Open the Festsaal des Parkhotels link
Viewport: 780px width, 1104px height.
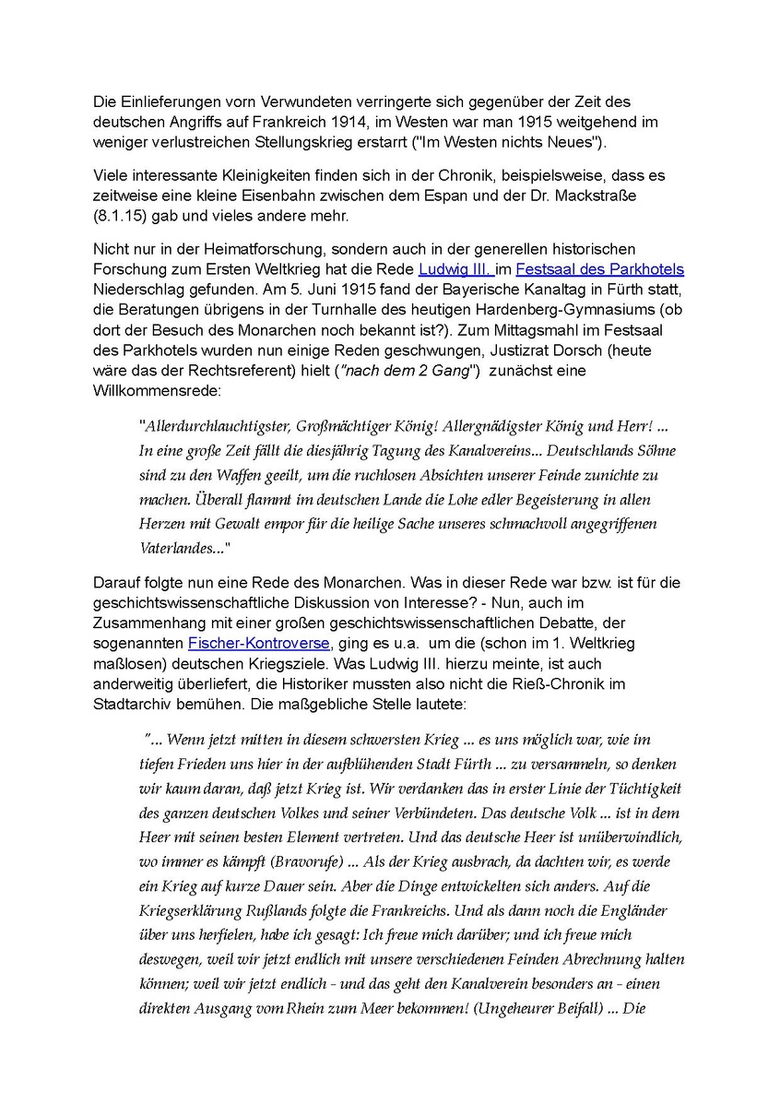(599, 269)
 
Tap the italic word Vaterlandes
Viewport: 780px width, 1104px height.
(178, 548)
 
